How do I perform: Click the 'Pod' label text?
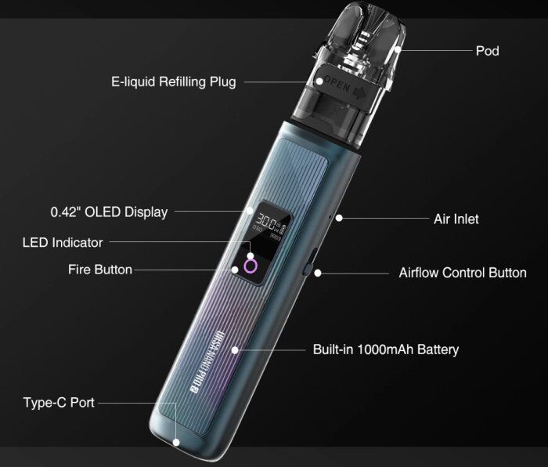coord(487,51)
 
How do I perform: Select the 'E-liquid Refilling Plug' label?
coord(174,81)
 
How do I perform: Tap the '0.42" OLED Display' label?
coord(109,212)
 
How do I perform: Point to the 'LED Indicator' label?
coord(63,242)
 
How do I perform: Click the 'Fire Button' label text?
coord(100,270)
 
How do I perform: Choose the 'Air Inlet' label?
coord(456,219)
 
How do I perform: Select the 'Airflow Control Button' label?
coord(463,273)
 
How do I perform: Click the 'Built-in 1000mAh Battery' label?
coord(386,349)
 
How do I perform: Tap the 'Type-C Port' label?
coord(59,402)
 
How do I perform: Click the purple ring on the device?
coord(251,266)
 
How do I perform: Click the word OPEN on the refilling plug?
coord(337,84)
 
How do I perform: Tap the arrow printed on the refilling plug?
coord(359,92)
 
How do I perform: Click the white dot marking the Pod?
coord(398,49)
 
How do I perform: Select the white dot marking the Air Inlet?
coord(339,219)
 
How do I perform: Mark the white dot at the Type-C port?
coord(176,443)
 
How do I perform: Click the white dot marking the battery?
coord(235,349)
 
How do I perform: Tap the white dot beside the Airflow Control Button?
coord(317,273)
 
